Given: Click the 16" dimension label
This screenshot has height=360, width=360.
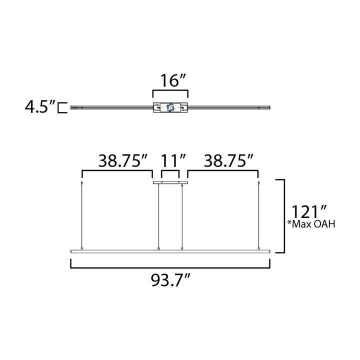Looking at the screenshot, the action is point(172,80).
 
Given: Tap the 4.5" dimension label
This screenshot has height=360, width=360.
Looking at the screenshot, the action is point(40,106).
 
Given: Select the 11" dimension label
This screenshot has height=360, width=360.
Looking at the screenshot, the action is point(173,160).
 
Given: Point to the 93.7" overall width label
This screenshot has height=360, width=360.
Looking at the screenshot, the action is point(170,280).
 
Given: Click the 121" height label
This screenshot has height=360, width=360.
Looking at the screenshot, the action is point(309,211).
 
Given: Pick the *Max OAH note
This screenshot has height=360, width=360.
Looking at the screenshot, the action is point(311,224).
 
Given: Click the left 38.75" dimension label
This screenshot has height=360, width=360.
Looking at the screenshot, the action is point(122,160).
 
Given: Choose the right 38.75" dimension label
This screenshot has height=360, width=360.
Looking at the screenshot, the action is point(228,160).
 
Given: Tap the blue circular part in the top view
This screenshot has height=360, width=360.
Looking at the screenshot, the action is point(170,107).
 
